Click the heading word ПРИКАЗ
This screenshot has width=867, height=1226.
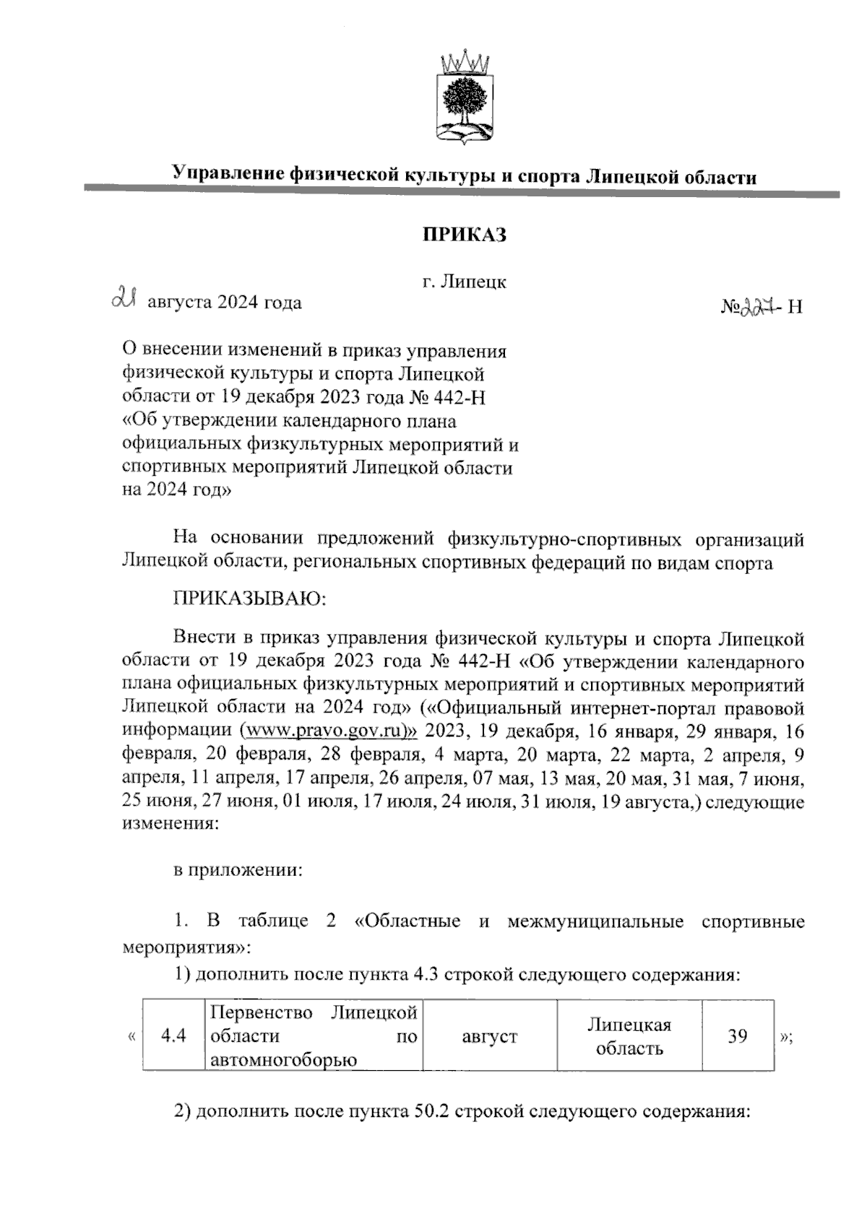point(464,235)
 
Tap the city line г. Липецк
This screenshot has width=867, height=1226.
point(464,282)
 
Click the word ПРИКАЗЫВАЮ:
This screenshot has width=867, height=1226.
point(250,599)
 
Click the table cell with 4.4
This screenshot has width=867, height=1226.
point(173,1036)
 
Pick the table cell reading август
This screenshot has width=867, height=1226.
point(489,1037)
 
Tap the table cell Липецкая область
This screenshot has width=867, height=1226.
point(629,1036)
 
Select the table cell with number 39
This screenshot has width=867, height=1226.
point(737,1036)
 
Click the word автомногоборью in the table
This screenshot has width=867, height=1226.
point(282,1060)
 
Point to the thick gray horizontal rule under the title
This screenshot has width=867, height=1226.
point(462,191)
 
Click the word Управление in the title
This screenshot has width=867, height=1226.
point(228,175)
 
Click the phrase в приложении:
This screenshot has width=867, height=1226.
point(237,871)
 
